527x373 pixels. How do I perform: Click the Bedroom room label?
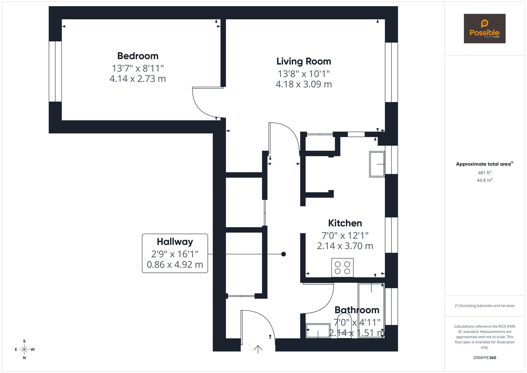(138, 56)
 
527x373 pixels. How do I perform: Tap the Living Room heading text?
(304, 61)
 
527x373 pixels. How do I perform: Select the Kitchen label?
(345, 223)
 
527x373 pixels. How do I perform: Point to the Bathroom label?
(357, 310)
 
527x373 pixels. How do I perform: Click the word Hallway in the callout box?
(175, 242)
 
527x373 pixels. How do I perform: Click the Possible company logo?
(485, 28)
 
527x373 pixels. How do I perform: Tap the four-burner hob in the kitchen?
(342, 268)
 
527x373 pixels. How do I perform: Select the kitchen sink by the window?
(377, 164)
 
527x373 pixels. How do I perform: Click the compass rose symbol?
(24, 350)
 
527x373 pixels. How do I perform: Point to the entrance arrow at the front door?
(258, 349)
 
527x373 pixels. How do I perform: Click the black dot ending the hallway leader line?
(283, 254)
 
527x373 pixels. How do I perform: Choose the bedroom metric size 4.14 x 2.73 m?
(138, 79)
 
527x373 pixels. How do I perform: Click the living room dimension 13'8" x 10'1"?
(304, 74)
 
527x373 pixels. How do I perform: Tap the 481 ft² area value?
(485, 173)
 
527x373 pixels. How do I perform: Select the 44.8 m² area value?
(485, 180)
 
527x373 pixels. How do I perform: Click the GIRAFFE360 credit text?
(485, 358)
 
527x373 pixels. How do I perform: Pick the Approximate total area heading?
(485, 164)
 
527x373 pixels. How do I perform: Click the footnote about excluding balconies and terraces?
(485, 306)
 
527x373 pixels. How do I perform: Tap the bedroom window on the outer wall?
(55, 71)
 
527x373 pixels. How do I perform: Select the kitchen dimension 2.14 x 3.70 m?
(345, 246)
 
